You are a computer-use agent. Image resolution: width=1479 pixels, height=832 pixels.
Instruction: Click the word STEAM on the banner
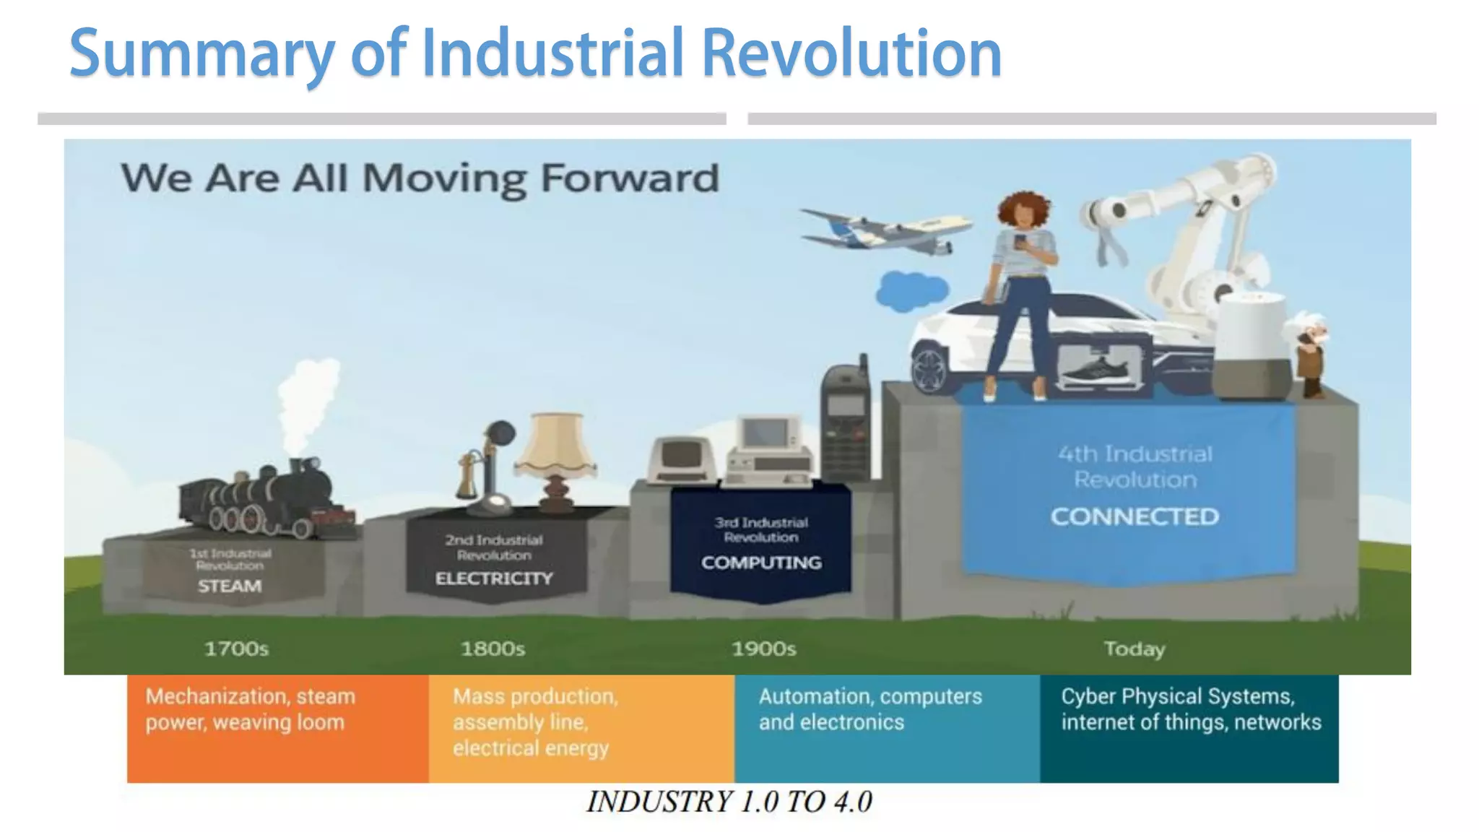pos(230,586)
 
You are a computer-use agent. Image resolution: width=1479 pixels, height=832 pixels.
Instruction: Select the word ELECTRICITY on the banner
pos(494,578)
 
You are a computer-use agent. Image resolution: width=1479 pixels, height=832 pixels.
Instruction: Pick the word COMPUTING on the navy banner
pos(761,563)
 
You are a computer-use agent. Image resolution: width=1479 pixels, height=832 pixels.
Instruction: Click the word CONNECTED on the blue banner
pos(1135,516)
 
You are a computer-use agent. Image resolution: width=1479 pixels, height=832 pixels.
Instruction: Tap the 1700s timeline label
pos(236,649)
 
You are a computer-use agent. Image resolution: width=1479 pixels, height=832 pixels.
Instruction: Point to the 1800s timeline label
pos(493,649)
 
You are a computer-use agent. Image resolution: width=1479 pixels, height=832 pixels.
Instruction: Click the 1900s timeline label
pos(763,649)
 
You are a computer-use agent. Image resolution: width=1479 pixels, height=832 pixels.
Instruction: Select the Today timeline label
pos(1134,649)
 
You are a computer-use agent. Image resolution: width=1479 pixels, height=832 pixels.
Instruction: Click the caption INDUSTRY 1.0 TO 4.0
pos(729,802)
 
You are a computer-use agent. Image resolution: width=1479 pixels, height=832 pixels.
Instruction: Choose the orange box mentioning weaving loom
pos(278,728)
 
